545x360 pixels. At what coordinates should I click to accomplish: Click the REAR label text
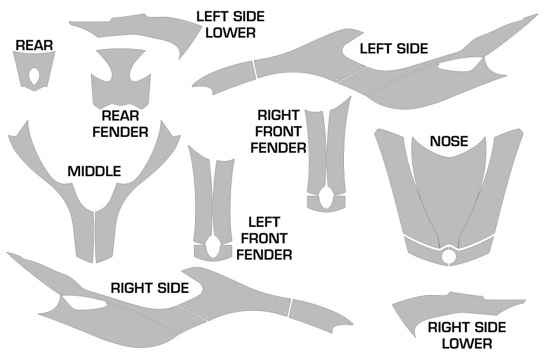click(x=34, y=45)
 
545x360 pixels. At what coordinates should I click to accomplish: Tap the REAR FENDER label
click(x=120, y=124)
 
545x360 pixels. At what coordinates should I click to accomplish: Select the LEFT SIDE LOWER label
click(x=231, y=25)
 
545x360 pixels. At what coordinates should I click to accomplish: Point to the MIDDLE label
click(x=94, y=171)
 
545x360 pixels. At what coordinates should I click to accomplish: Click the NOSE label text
click(x=449, y=142)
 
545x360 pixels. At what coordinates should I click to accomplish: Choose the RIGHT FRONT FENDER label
click(x=278, y=131)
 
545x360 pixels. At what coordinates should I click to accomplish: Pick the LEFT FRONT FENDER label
click(x=264, y=238)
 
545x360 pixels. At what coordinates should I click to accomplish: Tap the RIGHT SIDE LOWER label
click(x=467, y=335)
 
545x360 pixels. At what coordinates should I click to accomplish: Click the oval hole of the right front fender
click(x=326, y=197)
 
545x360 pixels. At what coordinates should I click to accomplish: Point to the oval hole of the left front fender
click(x=213, y=247)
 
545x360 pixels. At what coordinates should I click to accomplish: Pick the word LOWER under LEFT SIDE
click(x=231, y=33)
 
